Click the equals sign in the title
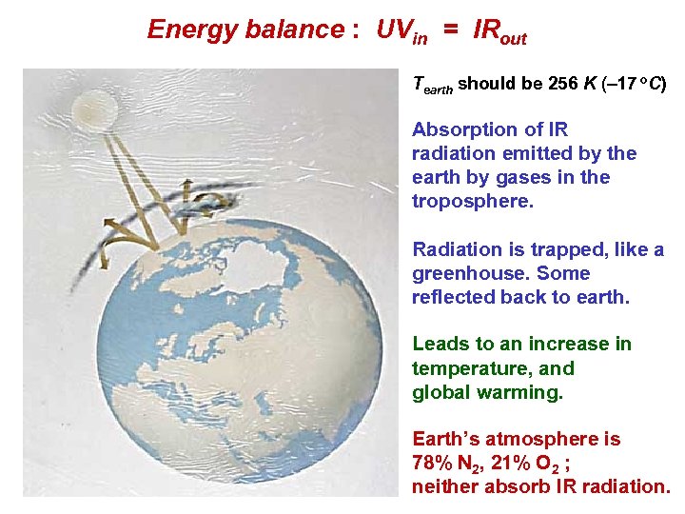click(x=450, y=30)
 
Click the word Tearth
click(x=433, y=85)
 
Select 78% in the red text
click(x=431, y=463)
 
